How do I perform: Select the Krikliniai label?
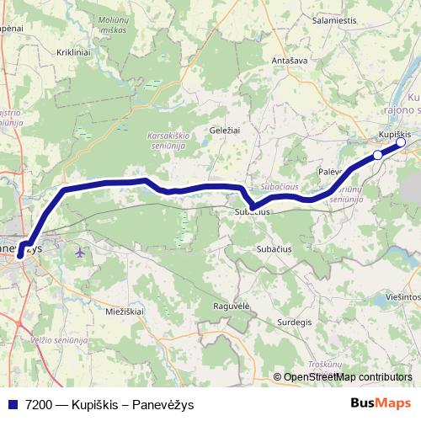(x=72, y=52)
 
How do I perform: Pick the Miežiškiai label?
(x=125, y=312)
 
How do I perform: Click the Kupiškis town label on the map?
(x=394, y=134)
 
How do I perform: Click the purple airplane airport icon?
(x=80, y=251)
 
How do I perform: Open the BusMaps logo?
(x=381, y=402)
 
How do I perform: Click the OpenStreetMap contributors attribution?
(x=348, y=376)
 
